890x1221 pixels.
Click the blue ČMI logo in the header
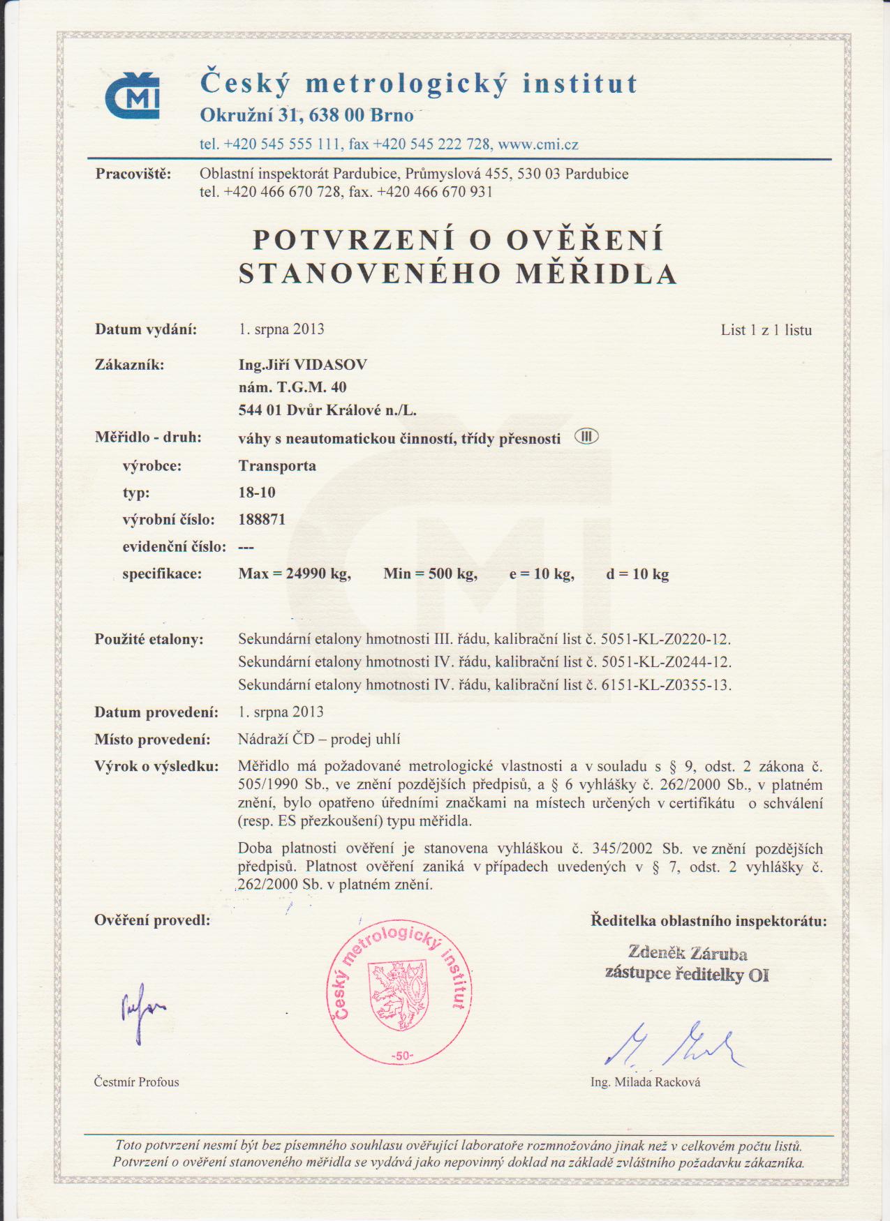coord(133,95)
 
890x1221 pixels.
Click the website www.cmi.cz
coord(538,144)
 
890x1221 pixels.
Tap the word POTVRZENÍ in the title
coord(353,239)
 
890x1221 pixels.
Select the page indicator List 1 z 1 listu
coord(766,330)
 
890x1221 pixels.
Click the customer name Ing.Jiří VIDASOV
coord(302,365)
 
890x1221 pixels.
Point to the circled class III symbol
coord(586,437)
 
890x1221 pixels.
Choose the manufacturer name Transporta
coord(277,466)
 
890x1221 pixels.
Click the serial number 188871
coord(262,520)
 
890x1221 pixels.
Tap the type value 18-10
coord(257,493)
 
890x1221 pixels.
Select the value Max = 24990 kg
coord(294,574)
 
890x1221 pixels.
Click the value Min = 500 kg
coord(430,574)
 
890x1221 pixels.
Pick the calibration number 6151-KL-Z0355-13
coord(666,685)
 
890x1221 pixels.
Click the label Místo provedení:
coord(152,740)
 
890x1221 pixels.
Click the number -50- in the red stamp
coord(401,1056)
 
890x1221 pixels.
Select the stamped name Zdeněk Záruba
coord(688,954)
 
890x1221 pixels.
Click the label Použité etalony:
coord(149,639)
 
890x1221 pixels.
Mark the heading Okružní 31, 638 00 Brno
coord(306,114)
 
